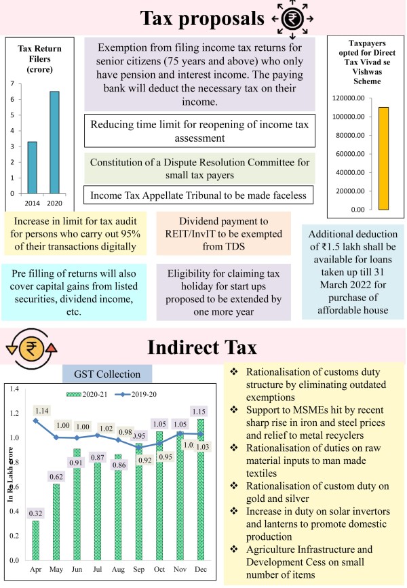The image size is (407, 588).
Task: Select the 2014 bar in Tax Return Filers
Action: (31, 168)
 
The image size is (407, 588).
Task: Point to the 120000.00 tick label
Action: (351, 98)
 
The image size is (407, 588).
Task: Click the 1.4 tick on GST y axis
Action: (12, 389)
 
